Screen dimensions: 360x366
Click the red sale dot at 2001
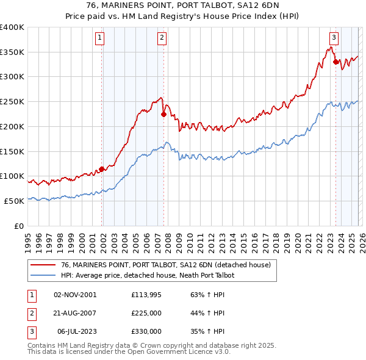[101, 169]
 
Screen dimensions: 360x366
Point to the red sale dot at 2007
[163, 114]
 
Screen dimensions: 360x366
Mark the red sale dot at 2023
[335, 62]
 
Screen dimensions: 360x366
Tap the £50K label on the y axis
[15, 201]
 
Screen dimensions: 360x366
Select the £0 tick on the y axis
[20, 226]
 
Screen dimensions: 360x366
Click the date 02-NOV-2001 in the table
[74, 294]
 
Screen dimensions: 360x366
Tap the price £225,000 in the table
[146, 313]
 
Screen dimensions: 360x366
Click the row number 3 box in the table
[30, 331]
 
